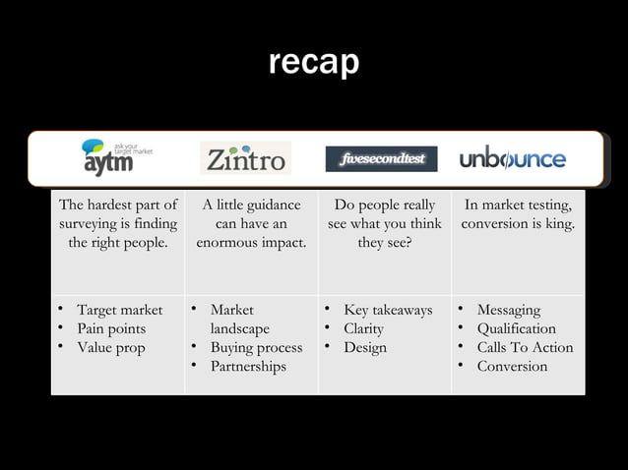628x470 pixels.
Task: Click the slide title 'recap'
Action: pos(314,63)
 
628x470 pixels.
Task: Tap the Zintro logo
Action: pos(245,158)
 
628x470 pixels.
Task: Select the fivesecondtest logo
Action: pos(381,158)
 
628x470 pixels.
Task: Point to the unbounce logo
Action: pos(513,158)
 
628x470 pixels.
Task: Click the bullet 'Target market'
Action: pos(120,311)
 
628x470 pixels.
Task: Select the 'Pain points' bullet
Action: pos(111,328)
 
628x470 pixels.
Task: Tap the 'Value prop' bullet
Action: pos(110,347)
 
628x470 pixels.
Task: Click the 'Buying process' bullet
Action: pos(256,347)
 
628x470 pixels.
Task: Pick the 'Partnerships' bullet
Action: pos(248,366)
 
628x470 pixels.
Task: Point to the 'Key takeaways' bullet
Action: pos(388,311)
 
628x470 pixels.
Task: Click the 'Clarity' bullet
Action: pos(363,328)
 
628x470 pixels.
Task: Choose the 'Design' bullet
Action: pos(365,347)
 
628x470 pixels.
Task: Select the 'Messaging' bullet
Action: pos(509,311)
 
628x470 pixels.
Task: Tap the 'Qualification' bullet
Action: pos(516,328)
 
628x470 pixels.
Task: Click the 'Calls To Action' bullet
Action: pos(525,347)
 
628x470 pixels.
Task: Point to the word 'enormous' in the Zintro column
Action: pos(225,243)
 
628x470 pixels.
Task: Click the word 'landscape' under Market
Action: pos(239,328)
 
